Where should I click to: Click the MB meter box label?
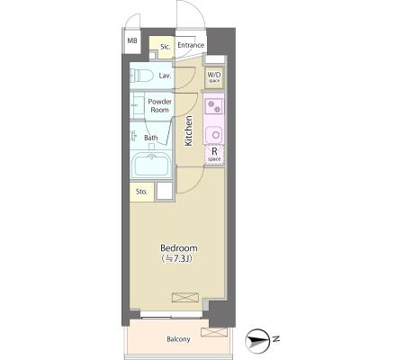coord(132,40)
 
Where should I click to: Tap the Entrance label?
coord(191,45)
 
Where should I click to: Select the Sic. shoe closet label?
coord(166,47)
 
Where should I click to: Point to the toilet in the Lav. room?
coord(141,75)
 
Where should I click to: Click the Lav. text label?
coord(165,76)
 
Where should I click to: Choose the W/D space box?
coord(214,77)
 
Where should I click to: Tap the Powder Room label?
coord(159,105)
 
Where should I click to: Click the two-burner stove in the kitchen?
coord(214,106)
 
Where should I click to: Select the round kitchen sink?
coord(214,134)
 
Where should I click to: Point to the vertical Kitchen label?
coord(188,130)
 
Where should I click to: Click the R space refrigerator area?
coord(214,155)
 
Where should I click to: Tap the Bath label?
coord(150,138)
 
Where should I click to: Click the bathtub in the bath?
coord(151,165)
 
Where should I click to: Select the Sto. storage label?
coord(141,192)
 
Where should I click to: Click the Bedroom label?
coord(179,248)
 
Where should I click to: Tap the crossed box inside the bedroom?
coord(185,297)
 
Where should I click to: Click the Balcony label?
coord(178,339)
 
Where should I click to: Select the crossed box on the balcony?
coord(214,332)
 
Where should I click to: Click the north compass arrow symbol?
coord(256,340)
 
